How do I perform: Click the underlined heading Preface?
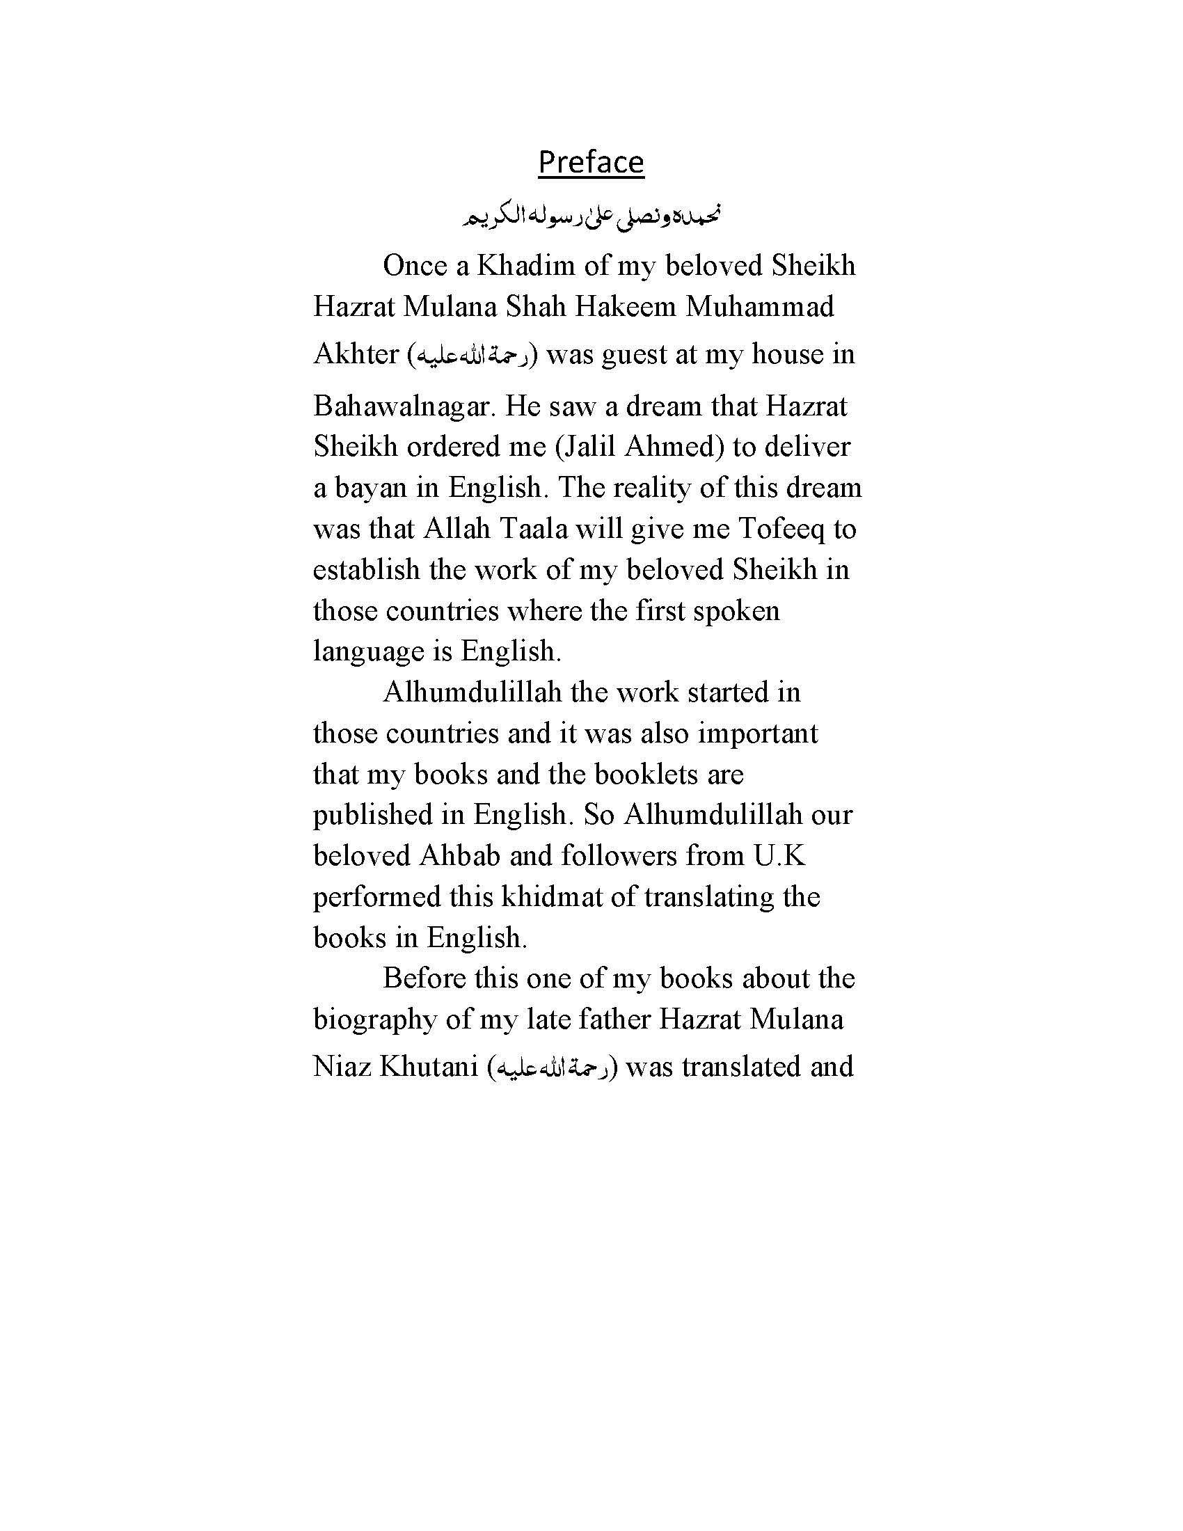pos(591,162)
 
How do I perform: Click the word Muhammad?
pos(760,306)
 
